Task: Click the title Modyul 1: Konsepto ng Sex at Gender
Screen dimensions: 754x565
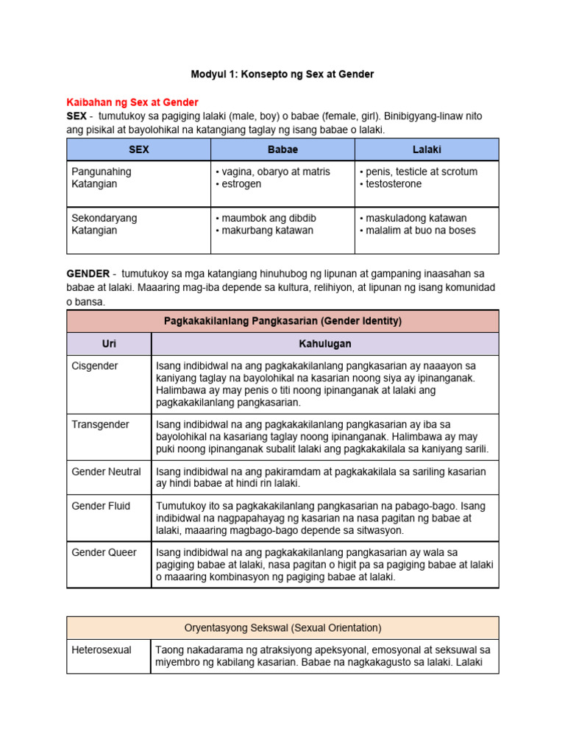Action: (282, 74)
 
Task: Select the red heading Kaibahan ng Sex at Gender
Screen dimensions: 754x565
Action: (132, 102)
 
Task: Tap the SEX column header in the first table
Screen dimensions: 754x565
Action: (138, 149)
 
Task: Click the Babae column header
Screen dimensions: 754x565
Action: (282, 149)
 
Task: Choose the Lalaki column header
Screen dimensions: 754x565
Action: (427, 149)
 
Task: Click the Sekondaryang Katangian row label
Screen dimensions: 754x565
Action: (104, 225)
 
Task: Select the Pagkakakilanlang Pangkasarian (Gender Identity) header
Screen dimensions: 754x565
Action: (282, 321)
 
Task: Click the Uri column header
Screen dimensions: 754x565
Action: (109, 344)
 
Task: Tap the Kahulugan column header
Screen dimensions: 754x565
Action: (324, 344)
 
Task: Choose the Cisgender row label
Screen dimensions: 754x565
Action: (95, 366)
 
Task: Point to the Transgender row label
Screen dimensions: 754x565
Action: (100, 425)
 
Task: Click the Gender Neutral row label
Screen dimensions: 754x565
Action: (106, 471)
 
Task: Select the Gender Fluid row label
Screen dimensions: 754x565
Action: (101, 506)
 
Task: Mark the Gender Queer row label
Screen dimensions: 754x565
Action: (104, 552)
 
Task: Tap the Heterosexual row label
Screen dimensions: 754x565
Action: (102, 651)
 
